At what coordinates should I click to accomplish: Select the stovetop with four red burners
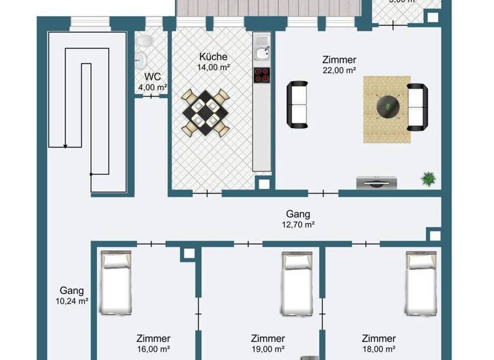tap(261, 75)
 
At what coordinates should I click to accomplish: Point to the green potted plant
tap(428, 179)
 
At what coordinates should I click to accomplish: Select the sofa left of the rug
tap(298, 104)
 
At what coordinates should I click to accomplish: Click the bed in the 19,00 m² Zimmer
tap(297, 283)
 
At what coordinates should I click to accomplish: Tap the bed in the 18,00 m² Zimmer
tap(422, 283)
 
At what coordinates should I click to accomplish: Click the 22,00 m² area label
tap(339, 71)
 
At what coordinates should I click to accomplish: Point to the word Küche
tap(212, 55)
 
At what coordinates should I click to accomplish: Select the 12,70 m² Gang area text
tap(298, 225)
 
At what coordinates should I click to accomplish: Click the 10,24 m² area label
tap(71, 300)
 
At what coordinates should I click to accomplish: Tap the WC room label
tap(152, 76)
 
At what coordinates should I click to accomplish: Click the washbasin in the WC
tap(140, 60)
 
